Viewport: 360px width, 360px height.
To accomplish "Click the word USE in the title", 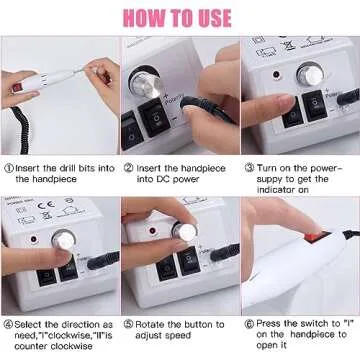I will click(x=223, y=18).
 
